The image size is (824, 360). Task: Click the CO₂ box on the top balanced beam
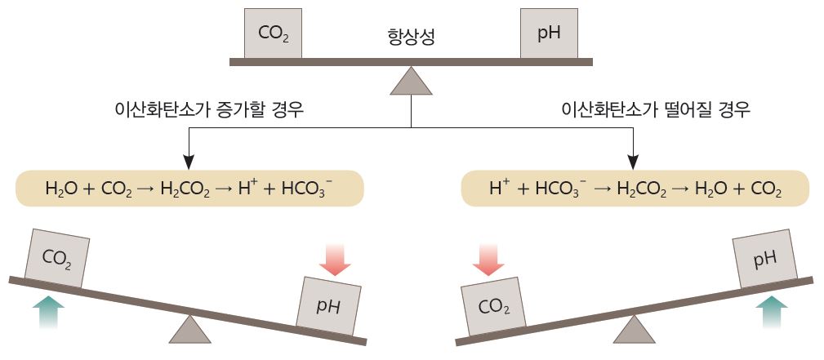[x=273, y=33]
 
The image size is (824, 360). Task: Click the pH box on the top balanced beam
[x=549, y=33]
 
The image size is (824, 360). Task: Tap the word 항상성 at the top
[x=410, y=37]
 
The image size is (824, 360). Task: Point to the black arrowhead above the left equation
[x=189, y=160]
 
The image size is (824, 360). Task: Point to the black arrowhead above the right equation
[x=634, y=160]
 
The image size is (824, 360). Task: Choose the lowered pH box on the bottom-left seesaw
[x=330, y=306]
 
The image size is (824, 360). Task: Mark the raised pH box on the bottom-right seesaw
[x=764, y=259]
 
